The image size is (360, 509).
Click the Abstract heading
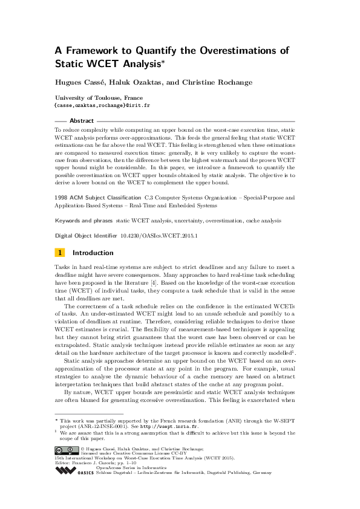click(82, 121)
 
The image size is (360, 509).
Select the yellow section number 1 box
click(59, 253)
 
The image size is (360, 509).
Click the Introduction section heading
click(93, 253)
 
